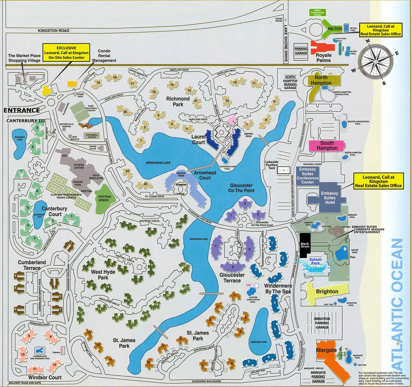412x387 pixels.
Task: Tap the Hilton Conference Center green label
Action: pos(318,12)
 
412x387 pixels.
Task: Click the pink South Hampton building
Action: pos(327,145)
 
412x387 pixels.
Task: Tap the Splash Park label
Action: pos(315,261)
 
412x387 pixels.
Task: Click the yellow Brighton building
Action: pos(327,291)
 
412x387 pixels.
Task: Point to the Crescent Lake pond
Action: pos(259,333)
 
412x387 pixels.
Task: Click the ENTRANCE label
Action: pos(22,110)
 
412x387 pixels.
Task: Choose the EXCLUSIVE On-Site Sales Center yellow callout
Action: pos(66,52)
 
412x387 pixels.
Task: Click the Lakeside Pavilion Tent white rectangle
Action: pos(284,170)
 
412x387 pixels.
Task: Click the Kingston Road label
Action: pos(54,31)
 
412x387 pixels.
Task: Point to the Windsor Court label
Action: pos(45,377)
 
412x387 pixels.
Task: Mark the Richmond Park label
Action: pos(178,101)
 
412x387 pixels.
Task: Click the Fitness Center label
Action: pos(79,166)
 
